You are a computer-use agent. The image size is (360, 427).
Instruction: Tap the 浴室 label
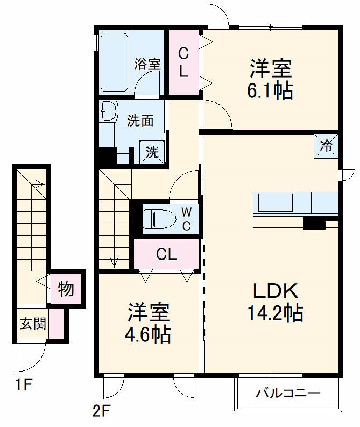[147, 64]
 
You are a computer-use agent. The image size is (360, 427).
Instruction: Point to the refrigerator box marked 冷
[326, 145]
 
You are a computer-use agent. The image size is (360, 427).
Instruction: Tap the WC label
[186, 218]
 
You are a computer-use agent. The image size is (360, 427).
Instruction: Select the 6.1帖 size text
[270, 91]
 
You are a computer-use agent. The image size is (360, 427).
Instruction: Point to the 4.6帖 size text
[148, 334]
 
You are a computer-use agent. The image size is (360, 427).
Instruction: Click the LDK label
[276, 291]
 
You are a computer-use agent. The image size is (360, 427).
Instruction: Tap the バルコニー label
[288, 393]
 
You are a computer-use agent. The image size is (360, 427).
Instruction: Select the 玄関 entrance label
[33, 324]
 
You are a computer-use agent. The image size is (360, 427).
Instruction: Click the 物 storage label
[66, 289]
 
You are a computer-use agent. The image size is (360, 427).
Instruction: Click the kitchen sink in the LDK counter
[276, 202]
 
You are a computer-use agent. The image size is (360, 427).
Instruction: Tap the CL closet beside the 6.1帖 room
[183, 62]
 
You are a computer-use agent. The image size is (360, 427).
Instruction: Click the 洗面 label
[140, 121]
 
